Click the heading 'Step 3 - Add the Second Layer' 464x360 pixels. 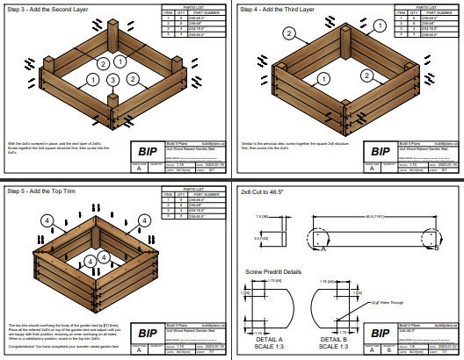tap(47, 8)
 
